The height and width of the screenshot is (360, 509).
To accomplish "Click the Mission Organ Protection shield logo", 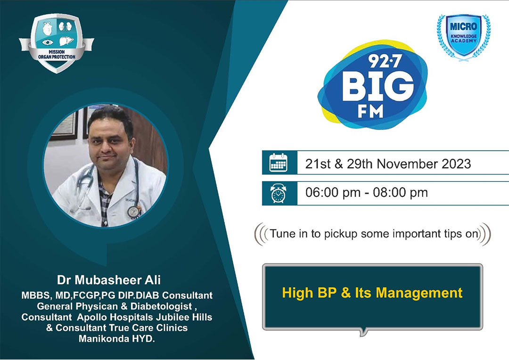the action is point(57,43).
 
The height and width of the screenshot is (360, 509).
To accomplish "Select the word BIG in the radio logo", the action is point(378,86).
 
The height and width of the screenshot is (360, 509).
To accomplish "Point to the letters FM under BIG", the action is point(370,112).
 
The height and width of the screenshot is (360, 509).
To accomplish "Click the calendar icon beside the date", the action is point(278,162).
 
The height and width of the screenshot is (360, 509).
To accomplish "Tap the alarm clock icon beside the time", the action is point(279,193).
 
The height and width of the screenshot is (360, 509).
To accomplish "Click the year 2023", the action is point(456,164).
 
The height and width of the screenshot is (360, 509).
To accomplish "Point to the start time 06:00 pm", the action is point(333,193).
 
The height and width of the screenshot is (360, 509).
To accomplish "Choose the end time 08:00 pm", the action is point(400,193).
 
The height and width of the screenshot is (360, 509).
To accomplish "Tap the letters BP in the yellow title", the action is point(328,293).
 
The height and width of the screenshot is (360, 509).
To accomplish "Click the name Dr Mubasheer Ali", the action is point(109,280).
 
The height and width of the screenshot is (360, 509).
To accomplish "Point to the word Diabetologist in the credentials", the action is point(161,306).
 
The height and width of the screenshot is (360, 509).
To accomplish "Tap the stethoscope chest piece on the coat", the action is point(133,212).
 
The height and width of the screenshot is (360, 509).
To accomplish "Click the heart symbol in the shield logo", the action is point(48,29).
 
